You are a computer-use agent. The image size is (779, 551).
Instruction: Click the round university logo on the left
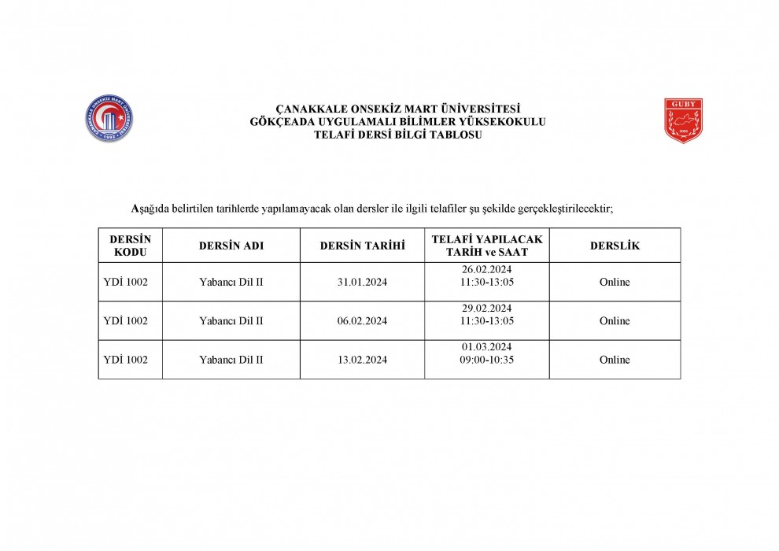pos(111,121)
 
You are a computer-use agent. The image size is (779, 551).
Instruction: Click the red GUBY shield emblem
pos(683,120)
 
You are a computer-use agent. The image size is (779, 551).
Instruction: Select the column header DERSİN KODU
pos(130,246)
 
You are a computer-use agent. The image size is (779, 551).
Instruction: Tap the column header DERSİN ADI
pos(231,246)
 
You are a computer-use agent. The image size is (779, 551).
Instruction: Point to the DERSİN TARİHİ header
pos(362,246)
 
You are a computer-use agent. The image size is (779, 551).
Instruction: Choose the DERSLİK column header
pos(615,246)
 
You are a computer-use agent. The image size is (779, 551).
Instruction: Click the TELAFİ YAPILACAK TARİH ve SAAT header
pos(487,246)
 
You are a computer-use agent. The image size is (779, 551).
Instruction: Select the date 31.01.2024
pos(362,282)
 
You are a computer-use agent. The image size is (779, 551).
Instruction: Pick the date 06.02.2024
pos(362,321)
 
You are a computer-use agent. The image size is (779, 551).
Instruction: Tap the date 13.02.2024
pos(362,360)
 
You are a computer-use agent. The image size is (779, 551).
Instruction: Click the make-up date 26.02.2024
pos(486,269)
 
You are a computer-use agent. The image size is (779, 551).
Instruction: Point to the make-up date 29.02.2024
pos(486,308)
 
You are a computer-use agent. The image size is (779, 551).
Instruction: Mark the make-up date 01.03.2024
pos(486,347)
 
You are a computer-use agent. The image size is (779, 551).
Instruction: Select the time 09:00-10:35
pos(486,360)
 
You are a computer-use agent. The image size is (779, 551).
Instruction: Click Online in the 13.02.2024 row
pos(615,360)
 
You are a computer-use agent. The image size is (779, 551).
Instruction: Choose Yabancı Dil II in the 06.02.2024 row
pos(231,321)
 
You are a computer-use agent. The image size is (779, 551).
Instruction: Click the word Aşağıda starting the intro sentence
pos(149,209)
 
